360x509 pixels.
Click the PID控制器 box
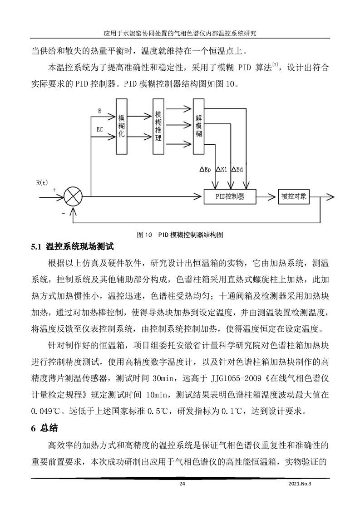[x=236, y=196]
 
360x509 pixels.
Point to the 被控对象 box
[x=294, y=196]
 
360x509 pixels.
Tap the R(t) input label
[x=42, y=182]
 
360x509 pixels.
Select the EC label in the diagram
[x=100, y=130]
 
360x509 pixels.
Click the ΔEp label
[x=205, y=169]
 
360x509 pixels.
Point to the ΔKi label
[x=221, y=169]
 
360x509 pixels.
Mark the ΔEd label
[x=237, y=169]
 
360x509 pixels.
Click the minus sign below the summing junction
[x=64, y=212]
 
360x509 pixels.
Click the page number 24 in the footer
[x=182, y=484]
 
